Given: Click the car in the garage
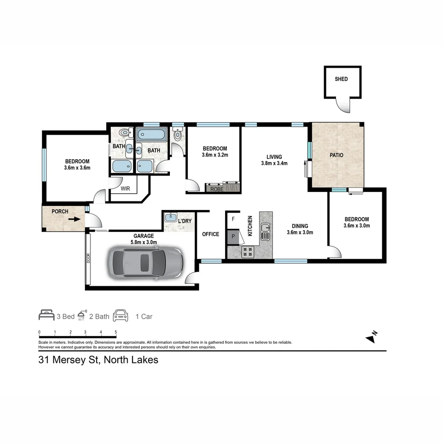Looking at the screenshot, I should click(x=145, y=263).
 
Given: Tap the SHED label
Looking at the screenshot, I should click(x=341, y=79).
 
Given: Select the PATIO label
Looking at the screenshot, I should click(x=337, y=155).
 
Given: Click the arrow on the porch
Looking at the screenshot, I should click(x=74, y=219).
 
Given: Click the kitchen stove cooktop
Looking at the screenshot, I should click(x=248, y=252).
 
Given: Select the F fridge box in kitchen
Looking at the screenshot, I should click(x=233, y=219).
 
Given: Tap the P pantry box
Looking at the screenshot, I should click(x=233, y=237).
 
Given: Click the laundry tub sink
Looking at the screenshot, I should click(x=170, y=218).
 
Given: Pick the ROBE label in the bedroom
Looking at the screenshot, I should click(x=217, y=189).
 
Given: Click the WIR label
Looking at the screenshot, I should click(x=125, y=189).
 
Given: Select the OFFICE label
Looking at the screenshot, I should click(x=210, y=234).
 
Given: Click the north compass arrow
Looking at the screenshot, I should click(x=371, y=338).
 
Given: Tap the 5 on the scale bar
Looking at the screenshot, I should click(x=116, y=332).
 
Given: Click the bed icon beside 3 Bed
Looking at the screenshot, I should click(x=46, y=315).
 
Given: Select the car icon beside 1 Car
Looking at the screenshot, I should click(x=121, y=315).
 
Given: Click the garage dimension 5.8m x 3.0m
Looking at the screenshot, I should click(x=143, y=242).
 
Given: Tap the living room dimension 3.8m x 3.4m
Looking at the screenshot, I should click(x=274, y=163).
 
